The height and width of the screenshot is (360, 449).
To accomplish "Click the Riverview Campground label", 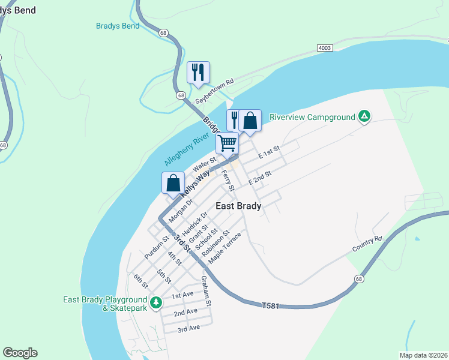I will click(312, 117).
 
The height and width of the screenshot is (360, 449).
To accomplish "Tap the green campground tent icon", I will click(364, 116).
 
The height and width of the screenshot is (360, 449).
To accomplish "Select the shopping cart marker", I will click(228, 143).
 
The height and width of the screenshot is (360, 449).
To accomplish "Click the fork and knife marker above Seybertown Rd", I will click(197, 73).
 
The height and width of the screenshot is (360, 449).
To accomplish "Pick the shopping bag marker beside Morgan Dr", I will click(173, 183).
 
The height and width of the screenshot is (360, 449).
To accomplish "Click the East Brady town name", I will click(238, 206).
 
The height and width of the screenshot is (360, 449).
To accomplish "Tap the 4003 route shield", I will click(325, 47).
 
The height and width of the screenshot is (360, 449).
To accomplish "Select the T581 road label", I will click(271, 306).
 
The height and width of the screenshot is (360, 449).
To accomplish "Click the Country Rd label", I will click(367, 243).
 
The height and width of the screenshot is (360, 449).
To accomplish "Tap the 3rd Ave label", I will click(188, 328).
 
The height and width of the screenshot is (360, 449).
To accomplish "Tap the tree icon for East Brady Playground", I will click(156, 302).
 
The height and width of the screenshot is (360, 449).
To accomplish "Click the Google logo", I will click(20, 352).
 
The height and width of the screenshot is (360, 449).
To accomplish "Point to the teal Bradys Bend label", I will click(118, 26).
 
